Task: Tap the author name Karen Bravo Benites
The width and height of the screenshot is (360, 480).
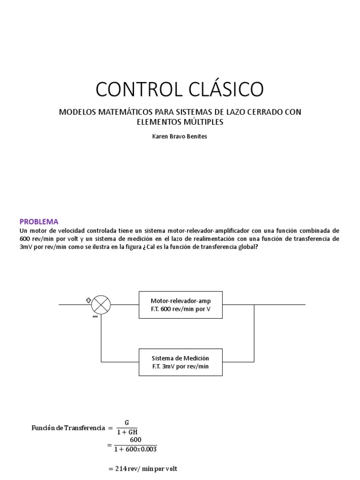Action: point(180,136)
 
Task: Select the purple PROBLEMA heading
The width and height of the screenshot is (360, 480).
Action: point(39,221)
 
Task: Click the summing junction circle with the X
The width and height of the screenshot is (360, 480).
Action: point(101,305)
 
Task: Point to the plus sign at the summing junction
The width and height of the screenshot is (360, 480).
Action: point(89,300)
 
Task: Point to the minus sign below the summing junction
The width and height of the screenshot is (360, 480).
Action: point(95,316)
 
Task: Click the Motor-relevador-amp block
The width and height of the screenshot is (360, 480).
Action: point(180,305)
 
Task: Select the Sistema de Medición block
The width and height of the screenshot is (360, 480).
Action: point(180,362)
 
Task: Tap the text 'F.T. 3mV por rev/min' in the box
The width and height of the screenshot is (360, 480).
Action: point(180,367)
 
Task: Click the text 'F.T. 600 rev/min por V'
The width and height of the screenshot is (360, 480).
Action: point(180,309)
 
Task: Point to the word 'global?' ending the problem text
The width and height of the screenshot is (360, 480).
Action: point(247,247)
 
